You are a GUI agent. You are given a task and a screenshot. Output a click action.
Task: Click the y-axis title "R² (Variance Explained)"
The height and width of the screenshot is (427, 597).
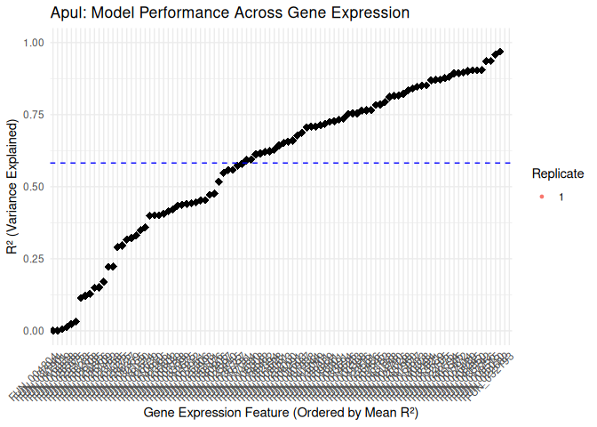[x=12, y=187]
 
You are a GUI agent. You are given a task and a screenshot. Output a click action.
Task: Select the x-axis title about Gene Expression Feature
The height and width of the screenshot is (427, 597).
[x=280, y=414]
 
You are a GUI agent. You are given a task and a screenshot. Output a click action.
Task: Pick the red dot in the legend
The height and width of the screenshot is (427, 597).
[x=542, y=197]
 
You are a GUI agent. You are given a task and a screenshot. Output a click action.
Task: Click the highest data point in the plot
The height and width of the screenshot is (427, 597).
[x=500, y=52]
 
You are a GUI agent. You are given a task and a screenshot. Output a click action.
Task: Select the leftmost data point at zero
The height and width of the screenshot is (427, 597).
[x=53, y=330]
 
